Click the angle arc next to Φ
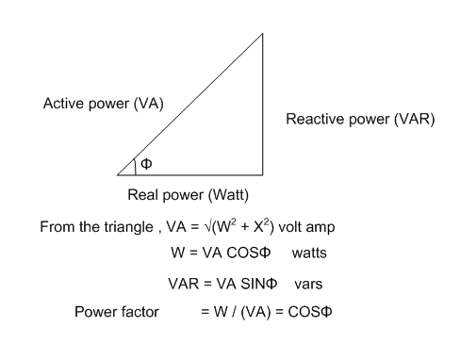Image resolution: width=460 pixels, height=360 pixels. [136, 166]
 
